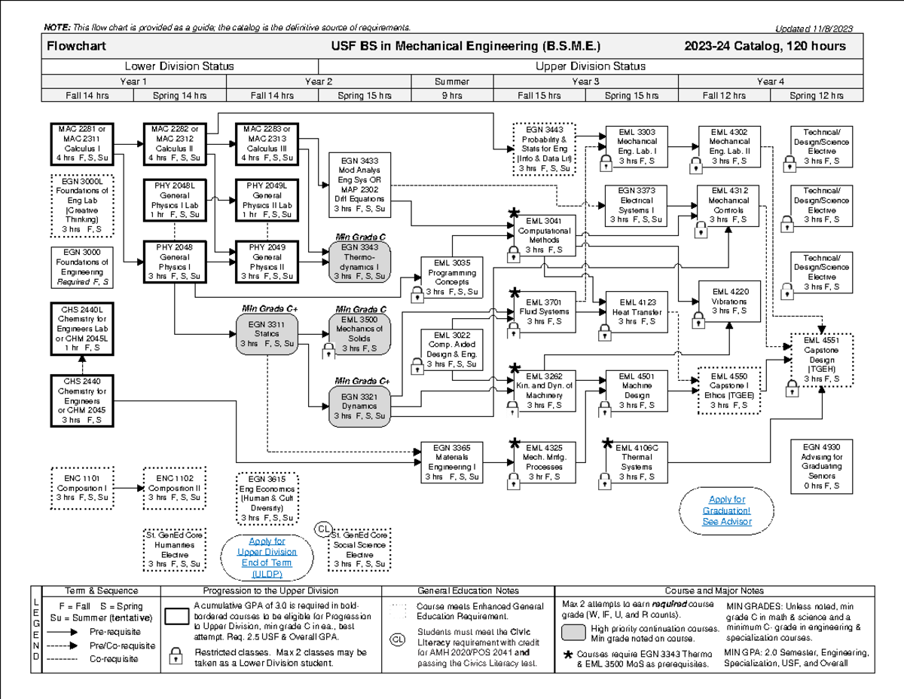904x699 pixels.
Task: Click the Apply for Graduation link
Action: point(726,510)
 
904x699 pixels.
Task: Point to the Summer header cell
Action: point(452,81)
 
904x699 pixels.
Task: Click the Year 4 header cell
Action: point(770,81)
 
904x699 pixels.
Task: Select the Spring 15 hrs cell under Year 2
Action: point(361,96)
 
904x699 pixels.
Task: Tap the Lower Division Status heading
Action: point(179,66)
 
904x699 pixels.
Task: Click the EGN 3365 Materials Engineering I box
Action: point(452,461)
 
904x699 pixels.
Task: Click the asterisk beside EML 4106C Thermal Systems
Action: point(608,445)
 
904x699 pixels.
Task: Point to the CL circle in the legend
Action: point(397,640)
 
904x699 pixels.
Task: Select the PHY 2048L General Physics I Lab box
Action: point(173,199)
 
